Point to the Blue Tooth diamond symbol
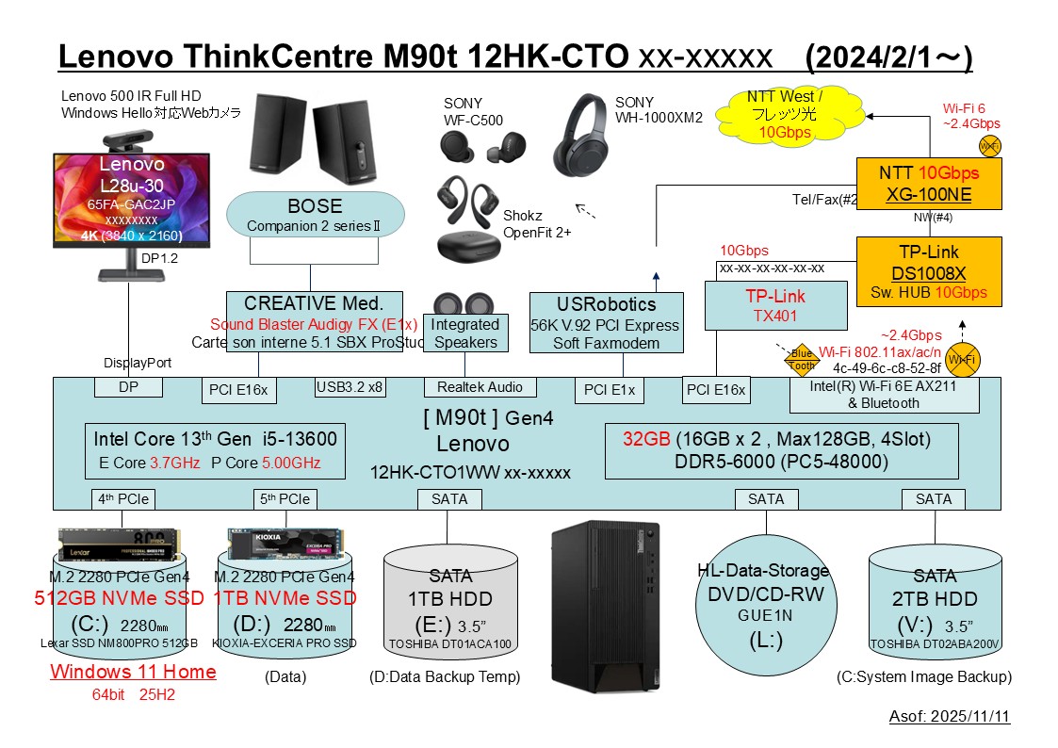[x=801, y=360]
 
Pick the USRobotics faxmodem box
[x=607, y=322]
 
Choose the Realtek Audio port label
[x=480, y=387]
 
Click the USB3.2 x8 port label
[x=350, y=386]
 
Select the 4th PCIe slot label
[x=123, y=498]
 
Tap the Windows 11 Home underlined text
[x=133, y=672]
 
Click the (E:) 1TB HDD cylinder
[x=451, y=603]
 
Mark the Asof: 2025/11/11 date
[x=949, y=717]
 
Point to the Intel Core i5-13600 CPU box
[x=215, y=449]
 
